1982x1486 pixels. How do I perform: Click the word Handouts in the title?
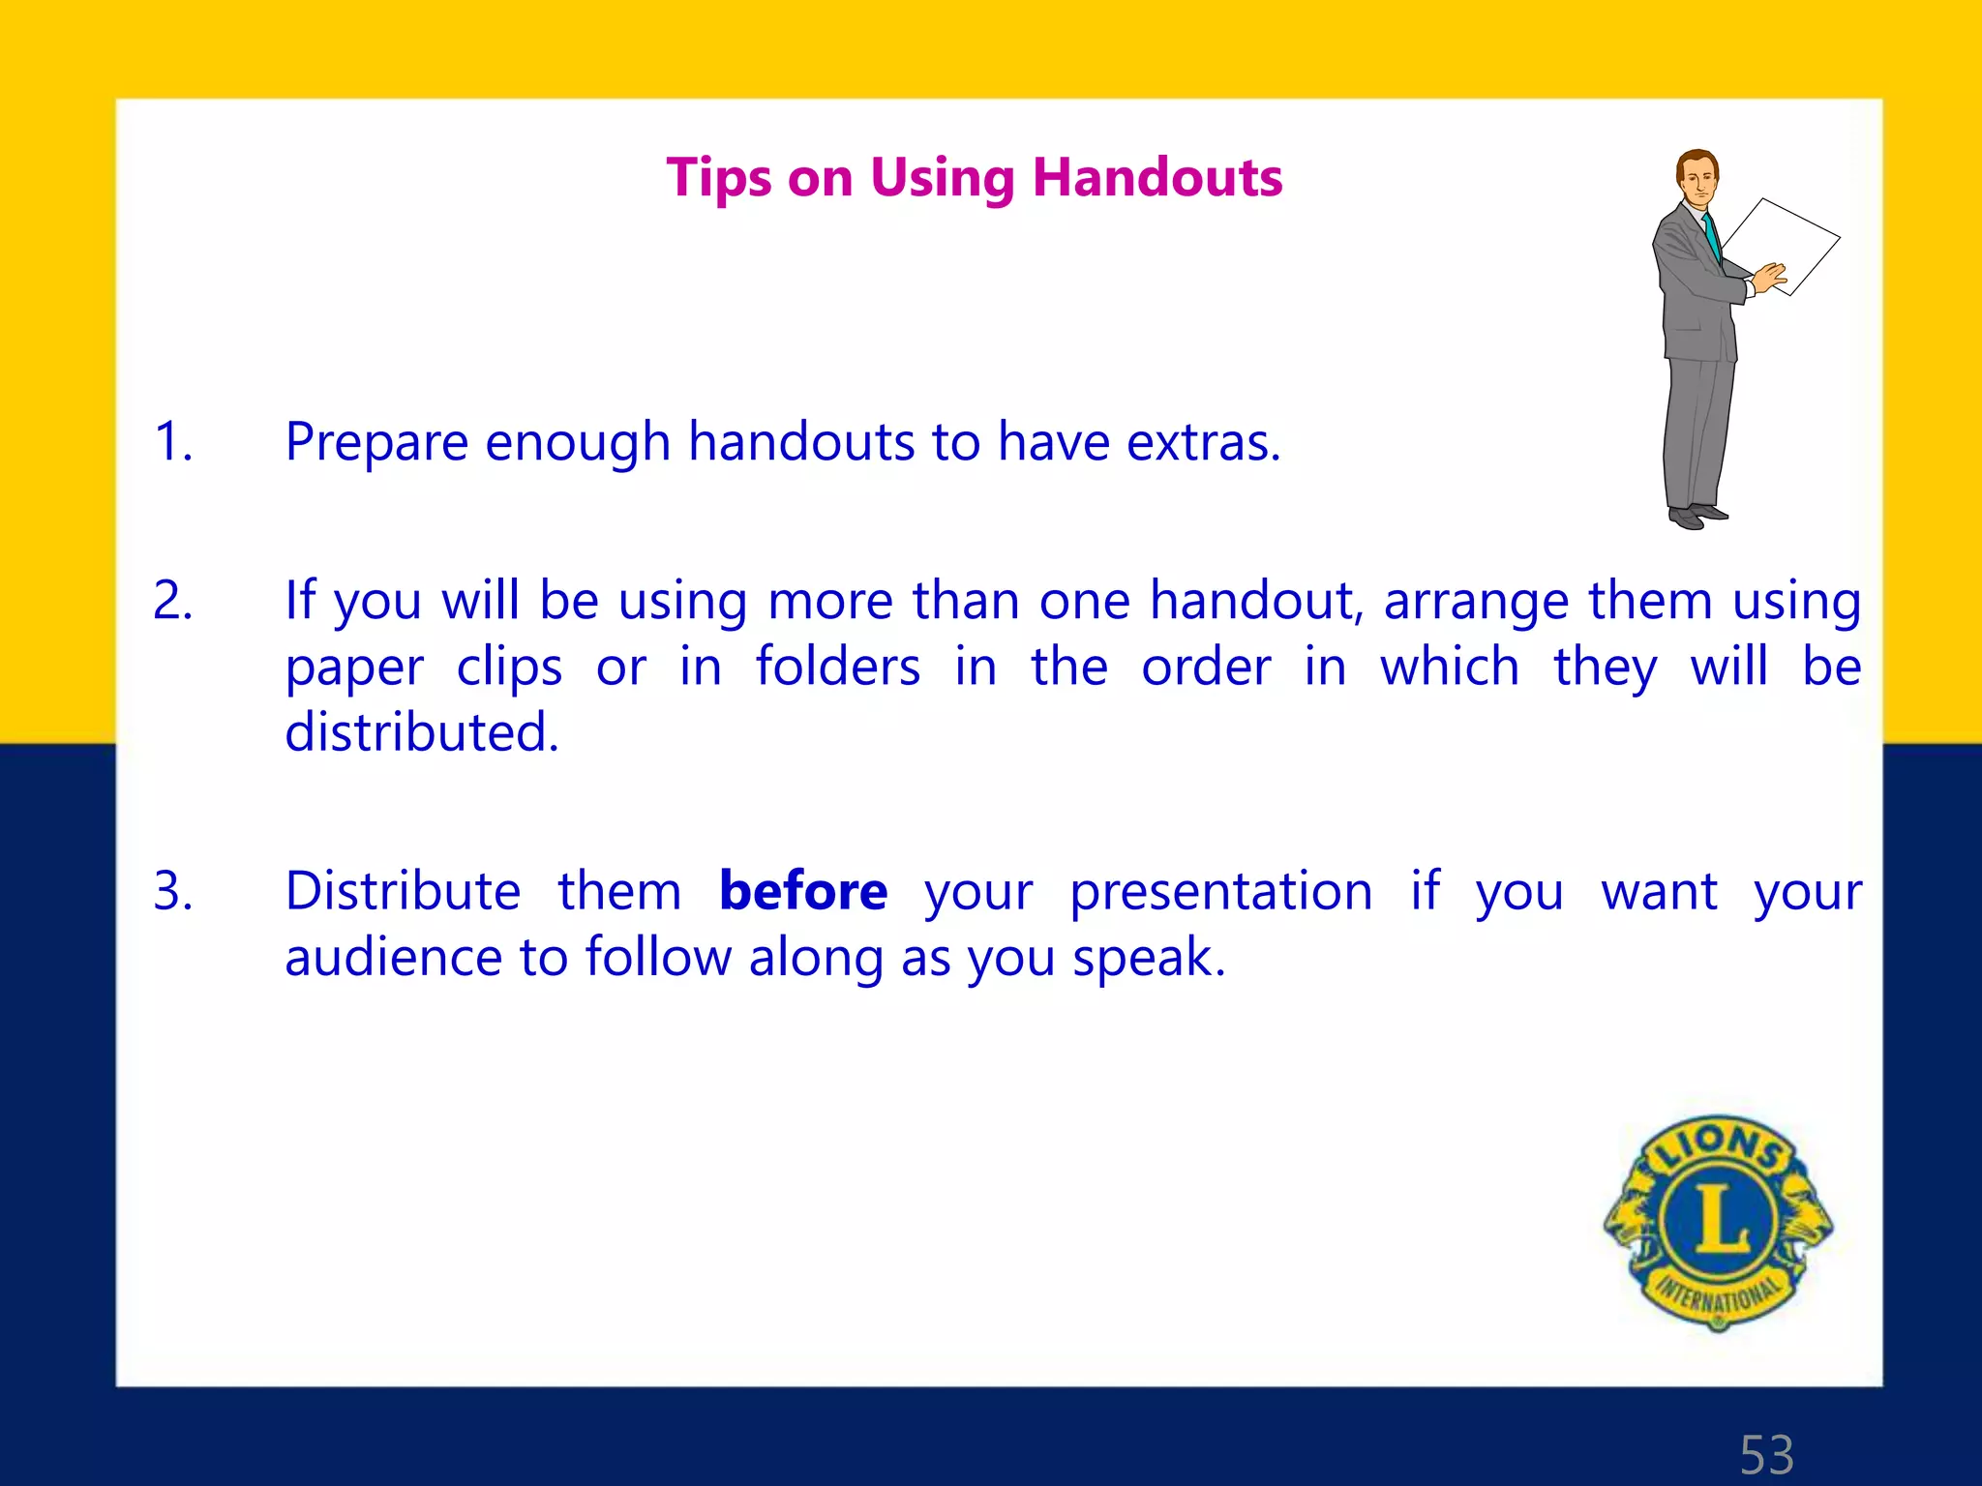point(1157,178)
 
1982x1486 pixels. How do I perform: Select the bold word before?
point(803,891)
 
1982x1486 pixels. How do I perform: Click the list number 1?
point(173,442)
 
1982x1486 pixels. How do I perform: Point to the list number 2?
point(173,601)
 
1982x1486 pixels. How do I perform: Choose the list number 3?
point(173,891)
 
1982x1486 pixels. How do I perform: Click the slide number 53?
point(1766,1454)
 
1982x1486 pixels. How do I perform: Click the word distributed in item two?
point(422,732)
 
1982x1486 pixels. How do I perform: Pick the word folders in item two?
point(838,667)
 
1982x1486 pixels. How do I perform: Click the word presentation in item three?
point(1220,891)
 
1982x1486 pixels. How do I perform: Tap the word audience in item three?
point(393,957)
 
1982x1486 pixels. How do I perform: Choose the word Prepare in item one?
point(376,442)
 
